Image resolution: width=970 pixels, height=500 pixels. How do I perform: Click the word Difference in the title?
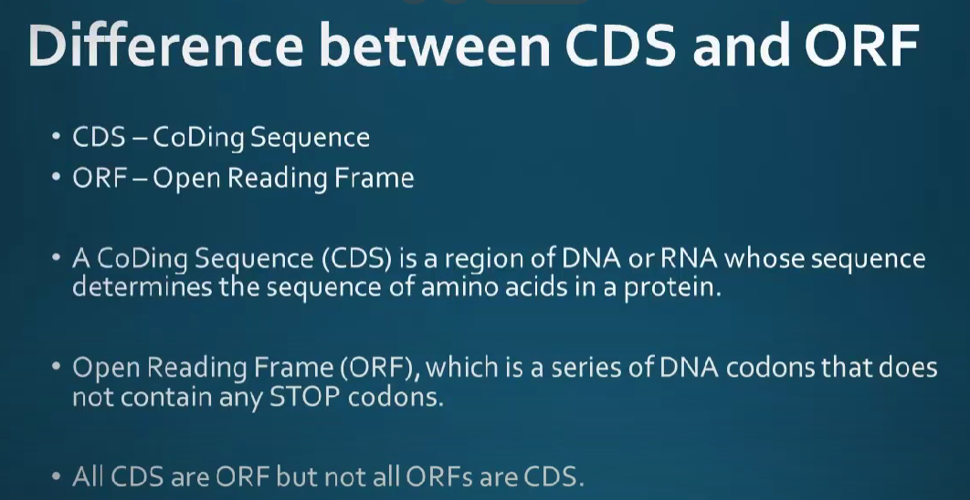(x=166, y=47)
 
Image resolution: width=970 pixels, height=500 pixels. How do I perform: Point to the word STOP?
(x=305, y=397)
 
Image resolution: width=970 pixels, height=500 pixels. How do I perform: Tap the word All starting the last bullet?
(x=89, y=477)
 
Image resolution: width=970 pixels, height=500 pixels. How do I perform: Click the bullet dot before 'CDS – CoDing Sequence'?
(x=57, y=137)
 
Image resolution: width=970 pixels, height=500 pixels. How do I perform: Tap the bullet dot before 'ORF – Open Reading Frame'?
(x=57, y=178)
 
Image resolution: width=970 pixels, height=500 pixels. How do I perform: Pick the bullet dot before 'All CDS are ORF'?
(x=57, y=477)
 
